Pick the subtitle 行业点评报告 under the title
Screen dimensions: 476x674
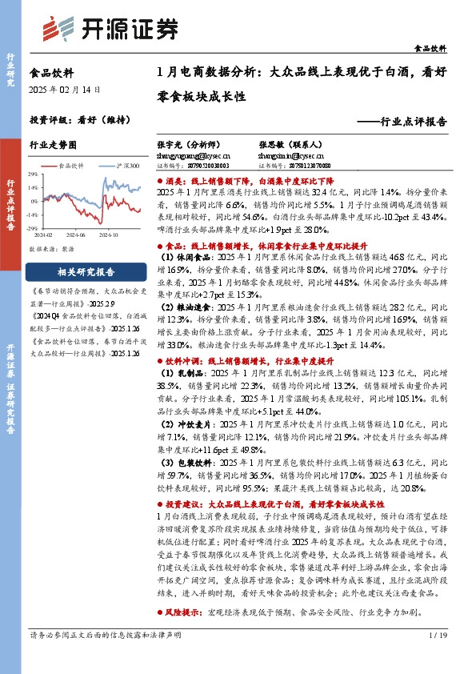coord(408,123)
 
